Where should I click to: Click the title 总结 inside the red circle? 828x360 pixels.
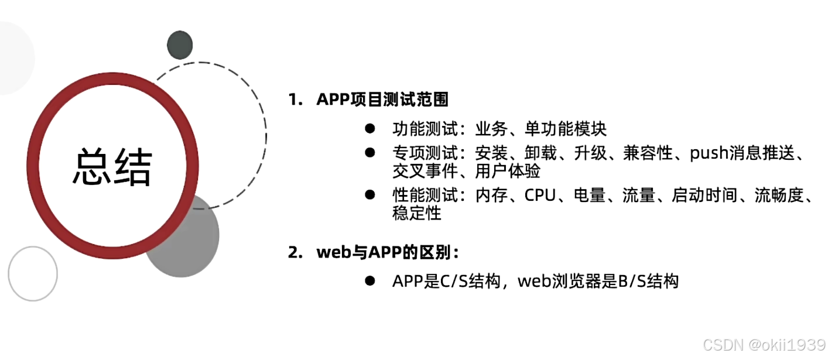112,167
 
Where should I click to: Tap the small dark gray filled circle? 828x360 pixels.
180,44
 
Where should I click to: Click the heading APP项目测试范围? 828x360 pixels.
382,100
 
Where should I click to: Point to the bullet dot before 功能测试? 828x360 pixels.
369,128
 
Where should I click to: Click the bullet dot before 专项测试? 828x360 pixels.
369,153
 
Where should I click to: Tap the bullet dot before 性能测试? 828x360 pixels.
369,195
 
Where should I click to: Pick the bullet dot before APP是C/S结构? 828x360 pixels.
369,281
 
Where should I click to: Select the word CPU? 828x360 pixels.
539,196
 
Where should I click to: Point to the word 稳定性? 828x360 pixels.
416,213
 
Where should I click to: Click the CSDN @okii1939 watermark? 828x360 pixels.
764,344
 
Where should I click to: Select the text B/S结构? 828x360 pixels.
648,282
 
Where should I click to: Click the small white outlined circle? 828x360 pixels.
33,273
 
